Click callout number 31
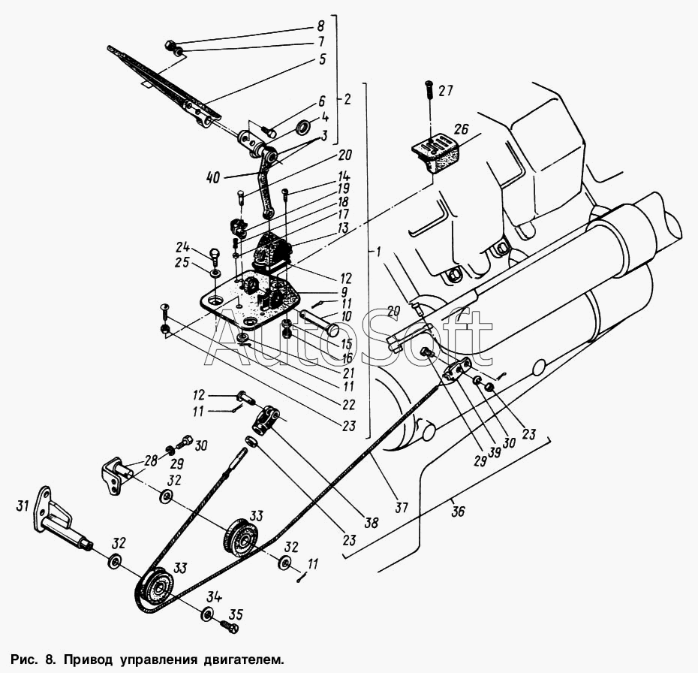coord(23,506)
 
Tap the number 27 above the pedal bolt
coord(446,91)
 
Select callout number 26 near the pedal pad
coord(462,129)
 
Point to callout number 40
coord(214,177)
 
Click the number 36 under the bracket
coord(458,511)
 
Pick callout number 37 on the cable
coord(402,507)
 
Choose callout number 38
coord(371,522)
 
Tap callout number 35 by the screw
coord(236,614)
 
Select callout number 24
coord(182,247)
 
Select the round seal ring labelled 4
coord(304,128)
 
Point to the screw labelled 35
coord(229,626)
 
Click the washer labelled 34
coord(206,614)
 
